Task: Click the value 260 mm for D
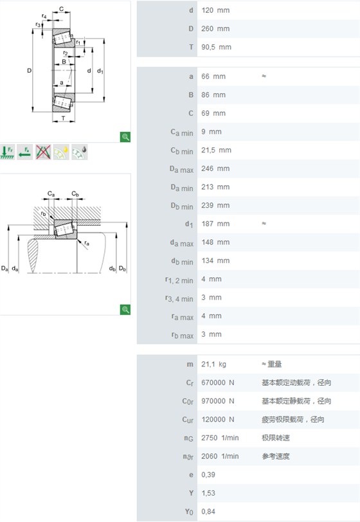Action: pos(215,29)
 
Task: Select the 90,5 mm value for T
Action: pos(216,48)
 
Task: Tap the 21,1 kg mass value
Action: pos(213,364)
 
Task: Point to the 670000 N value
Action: pos(217,382)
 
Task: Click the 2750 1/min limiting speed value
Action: pos(220,438)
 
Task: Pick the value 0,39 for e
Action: pos(208,474)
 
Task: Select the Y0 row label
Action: pos(189,512)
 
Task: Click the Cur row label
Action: pos(188,419)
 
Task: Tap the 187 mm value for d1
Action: pos(215,224)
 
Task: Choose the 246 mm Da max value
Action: pos(215,168)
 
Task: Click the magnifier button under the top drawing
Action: pos(125,137)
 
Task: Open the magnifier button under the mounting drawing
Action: pos(125,310)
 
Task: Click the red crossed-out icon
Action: pos(43,152)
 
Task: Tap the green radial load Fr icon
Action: pos(7,152)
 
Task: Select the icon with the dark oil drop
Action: pos(80,152)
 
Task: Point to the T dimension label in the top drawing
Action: pos(63,118)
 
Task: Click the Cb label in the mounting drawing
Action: pos(75,194)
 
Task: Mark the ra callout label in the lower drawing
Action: pos(87,243)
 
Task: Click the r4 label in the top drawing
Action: pos(44,16)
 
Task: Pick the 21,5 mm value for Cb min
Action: pos(216,150)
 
